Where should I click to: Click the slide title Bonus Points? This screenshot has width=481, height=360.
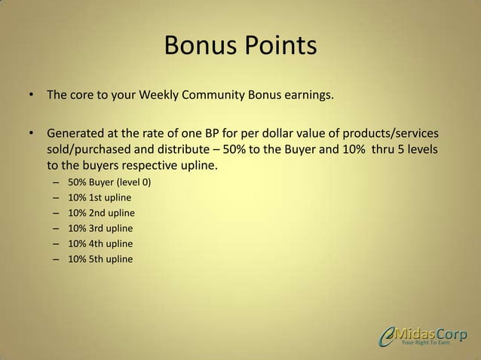click(x=240, y=47)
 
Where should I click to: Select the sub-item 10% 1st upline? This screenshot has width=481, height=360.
click(x=100, y=197)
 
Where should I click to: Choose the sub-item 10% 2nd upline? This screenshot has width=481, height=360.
click(x=101, y=213)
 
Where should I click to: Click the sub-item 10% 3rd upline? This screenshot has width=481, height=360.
click(x=101, y=228)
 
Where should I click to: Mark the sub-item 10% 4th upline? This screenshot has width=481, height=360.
click(x=100, y=244)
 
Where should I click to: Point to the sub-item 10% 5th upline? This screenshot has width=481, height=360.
click(x=100, y=259)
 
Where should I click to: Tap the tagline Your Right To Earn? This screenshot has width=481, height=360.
click(x=426, y=344)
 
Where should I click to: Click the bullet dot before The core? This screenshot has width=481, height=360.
click(x=32, y=96)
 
